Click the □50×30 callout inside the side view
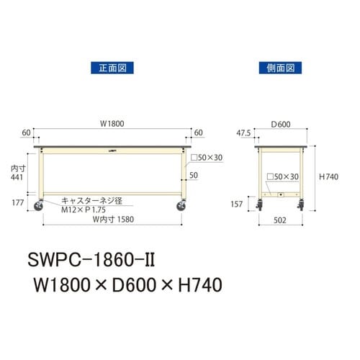tap(283, 176)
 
